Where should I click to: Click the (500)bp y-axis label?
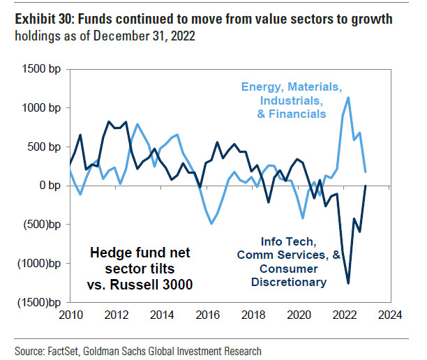[x=38, y=225]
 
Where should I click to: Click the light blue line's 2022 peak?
[x=349, y=98]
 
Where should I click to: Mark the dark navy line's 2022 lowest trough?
[x=348, y=283]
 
